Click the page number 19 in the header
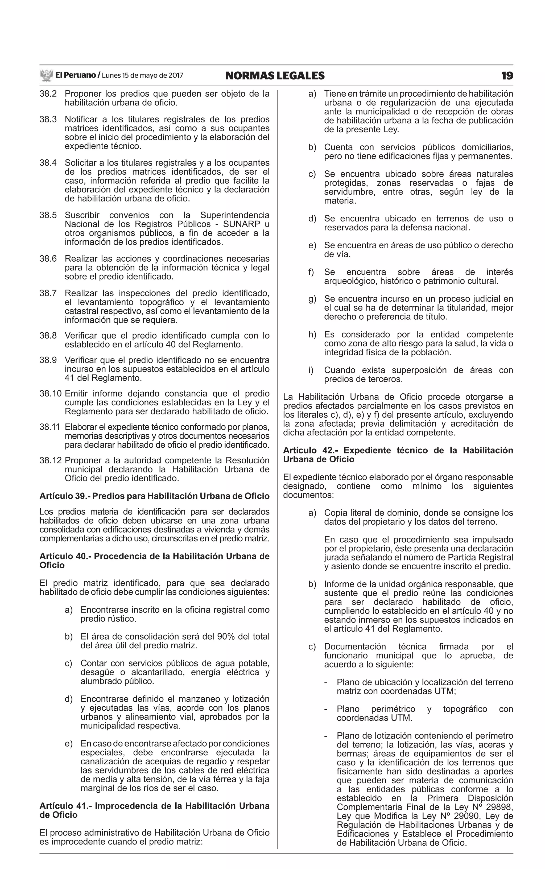click(x=507, y=76)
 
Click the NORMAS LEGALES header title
click(x=275, y=76)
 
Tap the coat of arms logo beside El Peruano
click(x=46, y=76)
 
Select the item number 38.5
click(x=48, y=215)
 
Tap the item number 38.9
click(x=48, y=360)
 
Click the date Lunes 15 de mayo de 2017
click(x=142, y=76)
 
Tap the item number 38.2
click(x=48, y=94)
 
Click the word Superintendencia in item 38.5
click(x=235, y=215)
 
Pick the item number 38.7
click(x=48, y=293)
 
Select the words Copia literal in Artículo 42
click(x=348, y=513)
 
